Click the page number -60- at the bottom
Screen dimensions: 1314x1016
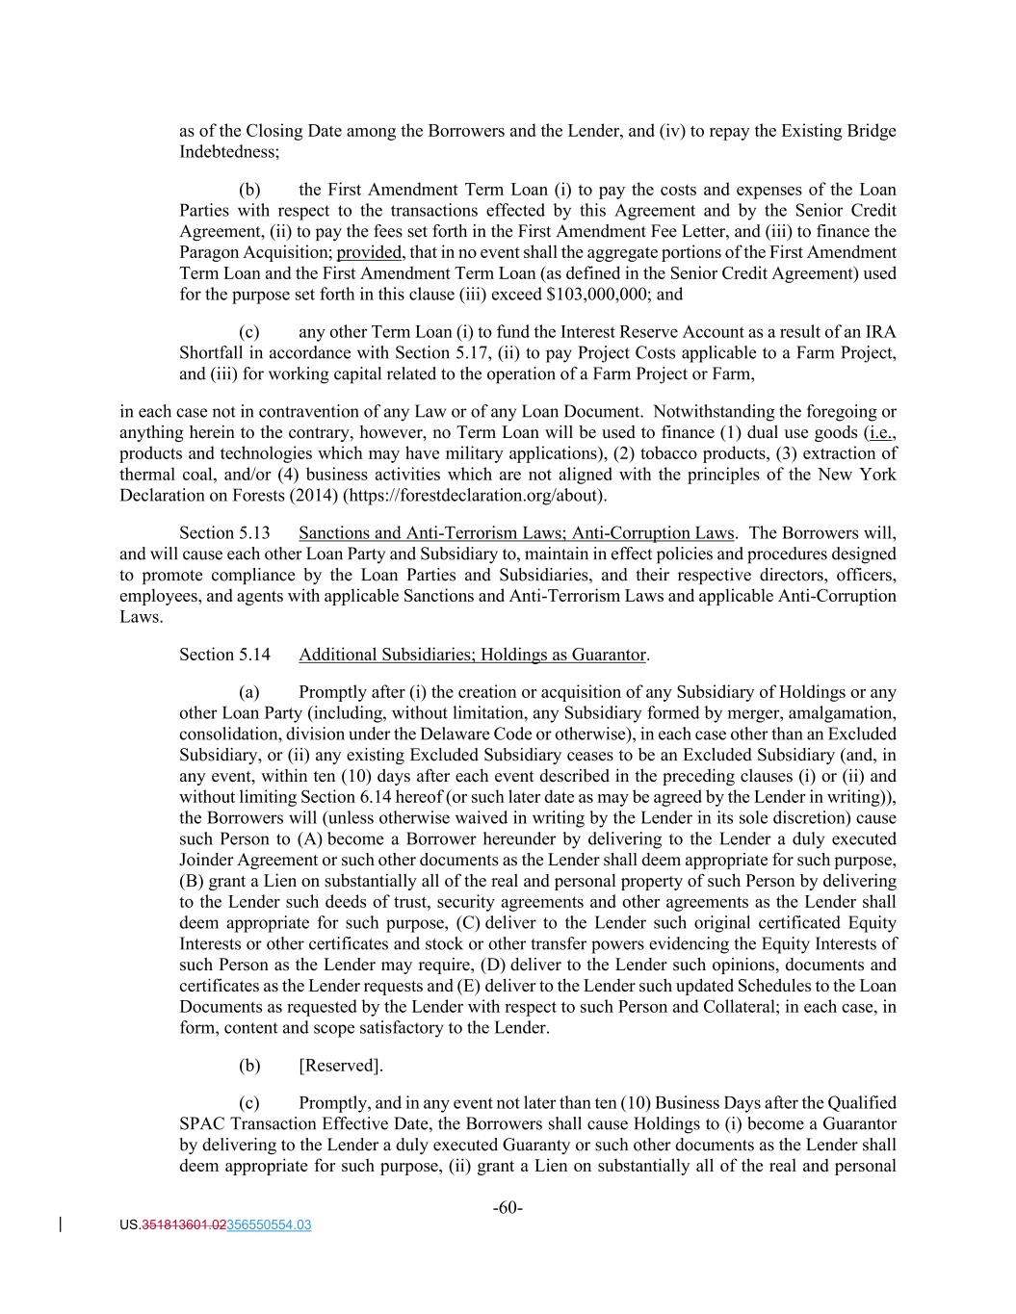pyautogui.click(x=508, y=1208)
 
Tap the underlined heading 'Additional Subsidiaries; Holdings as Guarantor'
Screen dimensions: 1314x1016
pyautogui.click(x=472, y=655)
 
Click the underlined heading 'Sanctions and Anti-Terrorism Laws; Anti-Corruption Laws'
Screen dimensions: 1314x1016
pyautogui.click(x=516, y=533)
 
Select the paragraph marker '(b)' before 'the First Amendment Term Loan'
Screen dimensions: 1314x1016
pyautogui.click(x=249, y=190)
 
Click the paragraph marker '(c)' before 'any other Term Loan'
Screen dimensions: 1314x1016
pyautogui.click(x=249, y=332)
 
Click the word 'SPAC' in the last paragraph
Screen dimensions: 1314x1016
pyautogui.click(x=200, y=1123)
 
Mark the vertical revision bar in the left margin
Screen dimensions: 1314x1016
pyautogui.click(x=63, y=1224)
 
